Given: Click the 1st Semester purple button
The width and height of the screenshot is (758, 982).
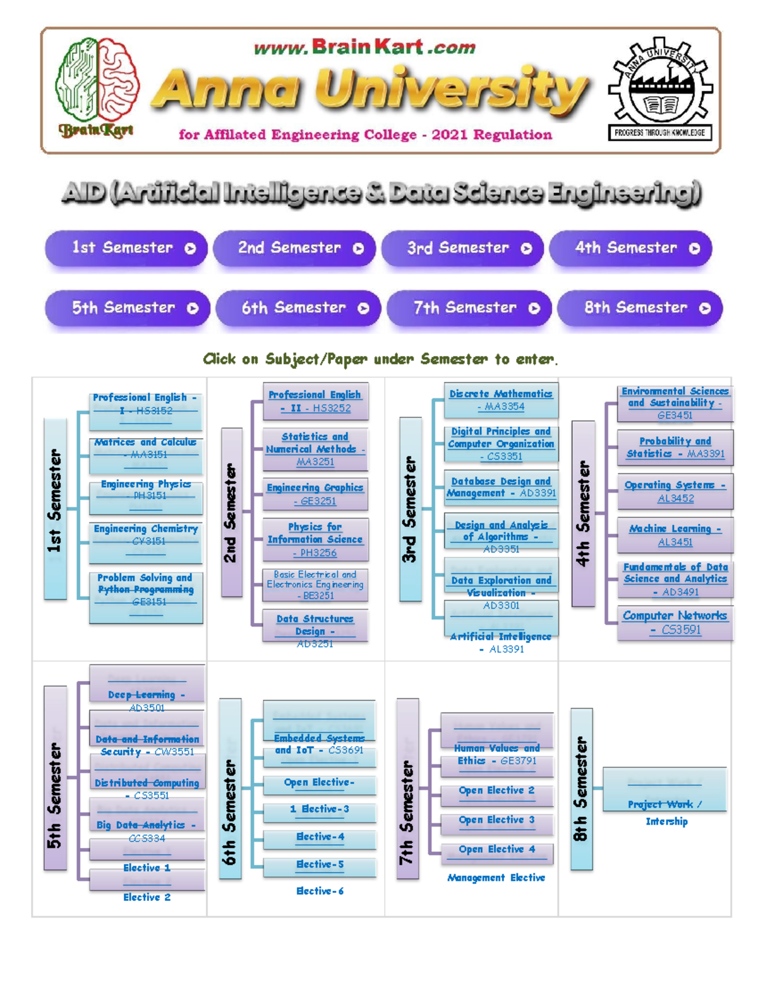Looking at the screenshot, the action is click(126, 248).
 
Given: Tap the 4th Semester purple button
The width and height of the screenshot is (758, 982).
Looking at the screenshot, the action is click(630, 248).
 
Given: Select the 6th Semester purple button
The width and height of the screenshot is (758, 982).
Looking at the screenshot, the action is click(298, 308).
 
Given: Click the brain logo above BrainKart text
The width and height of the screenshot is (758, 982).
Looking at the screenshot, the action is click(97, 79).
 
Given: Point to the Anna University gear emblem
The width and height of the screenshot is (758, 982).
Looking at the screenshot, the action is click(660, 88).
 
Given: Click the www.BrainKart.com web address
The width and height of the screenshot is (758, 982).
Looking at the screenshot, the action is click(364, 47).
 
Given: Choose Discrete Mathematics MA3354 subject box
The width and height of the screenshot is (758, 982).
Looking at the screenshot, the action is click(501, 400).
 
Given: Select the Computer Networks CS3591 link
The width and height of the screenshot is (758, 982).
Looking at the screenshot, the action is click(675, 622).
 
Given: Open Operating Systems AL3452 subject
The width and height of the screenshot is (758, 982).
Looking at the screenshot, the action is click(675, 491).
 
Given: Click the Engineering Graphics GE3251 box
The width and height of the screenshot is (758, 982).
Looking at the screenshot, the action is click(315, 494).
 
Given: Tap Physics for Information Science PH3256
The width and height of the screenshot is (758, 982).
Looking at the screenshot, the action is click(315, 539).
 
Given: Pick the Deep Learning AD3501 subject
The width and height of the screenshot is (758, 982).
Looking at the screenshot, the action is click(147, 694).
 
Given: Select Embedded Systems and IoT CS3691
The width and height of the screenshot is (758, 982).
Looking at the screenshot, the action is click(319, 744).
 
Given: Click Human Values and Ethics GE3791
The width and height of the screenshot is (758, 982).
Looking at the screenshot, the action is click(496, 754).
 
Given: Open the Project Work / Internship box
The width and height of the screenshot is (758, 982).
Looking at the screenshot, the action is click(665, 804).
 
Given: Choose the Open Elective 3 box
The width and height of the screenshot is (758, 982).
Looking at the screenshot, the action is click(496, 820).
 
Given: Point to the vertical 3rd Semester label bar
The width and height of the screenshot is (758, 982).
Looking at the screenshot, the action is click(410, 509).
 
